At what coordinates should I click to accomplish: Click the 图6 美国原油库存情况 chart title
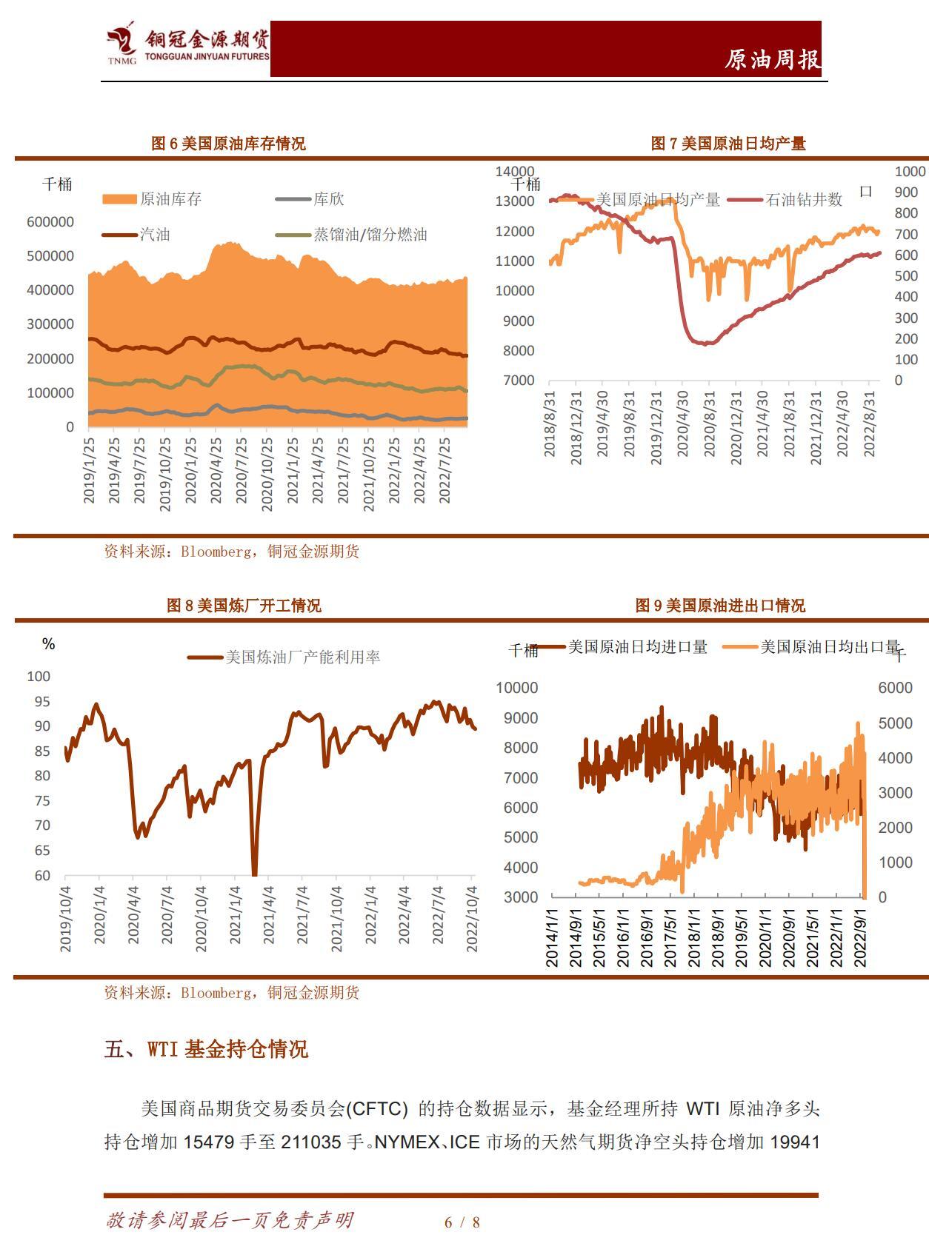click(x=228, y=144)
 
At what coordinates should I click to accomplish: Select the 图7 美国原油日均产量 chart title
click(x=727, y=144)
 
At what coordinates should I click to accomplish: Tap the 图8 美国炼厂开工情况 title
click(x=244, y=606)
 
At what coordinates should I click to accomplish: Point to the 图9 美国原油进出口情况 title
click(x=720, y=606)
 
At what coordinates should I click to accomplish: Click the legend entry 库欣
click(x=328, y=199)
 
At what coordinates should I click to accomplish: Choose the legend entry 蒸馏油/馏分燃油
click(x=370, y=235)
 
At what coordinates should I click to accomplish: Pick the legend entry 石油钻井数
click(x=804, y=199)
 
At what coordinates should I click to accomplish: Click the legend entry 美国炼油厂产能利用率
click(x=302, y=657)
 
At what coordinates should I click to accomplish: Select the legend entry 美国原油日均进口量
click(x=637, y=647)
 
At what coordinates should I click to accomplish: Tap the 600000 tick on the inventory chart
click(x=50, y=221)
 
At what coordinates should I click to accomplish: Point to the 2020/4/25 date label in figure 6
click(x=216, y=470)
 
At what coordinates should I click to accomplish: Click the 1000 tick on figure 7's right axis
click(x=910, y=171)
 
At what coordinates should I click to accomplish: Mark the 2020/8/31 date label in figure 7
click(x=710, y=424)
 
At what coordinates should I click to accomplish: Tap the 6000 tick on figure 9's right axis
click(x=895, y=687)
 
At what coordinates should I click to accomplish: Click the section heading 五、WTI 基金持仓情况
click(x=206, y=1049)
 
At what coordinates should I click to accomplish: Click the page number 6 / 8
click(x=462, y=1222)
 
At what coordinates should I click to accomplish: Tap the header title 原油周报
click(x=772, y=59)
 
